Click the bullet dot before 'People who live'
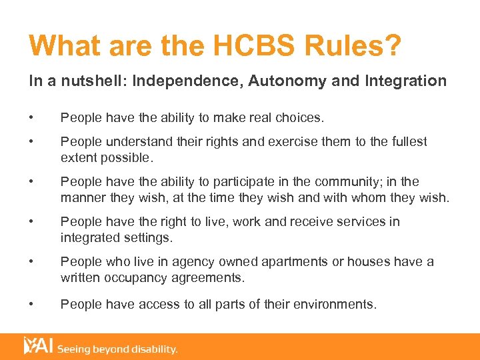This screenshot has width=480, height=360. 31,261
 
